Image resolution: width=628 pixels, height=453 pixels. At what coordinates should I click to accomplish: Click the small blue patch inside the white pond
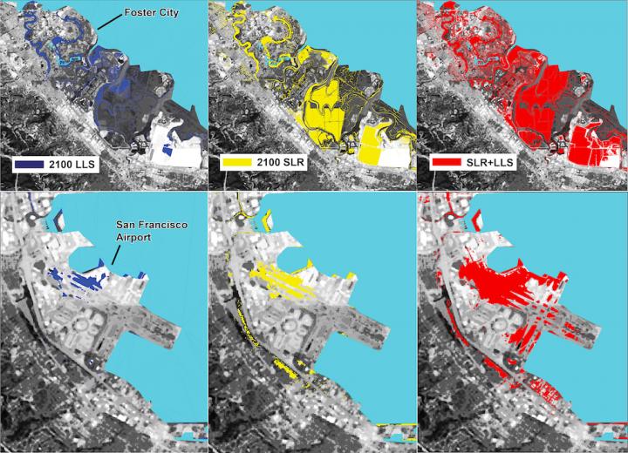(x=168, y=151)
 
